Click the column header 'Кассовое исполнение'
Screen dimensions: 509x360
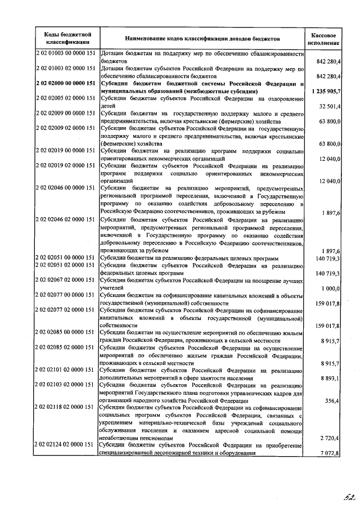pos(325,38)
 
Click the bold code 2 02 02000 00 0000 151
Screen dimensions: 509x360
pos(66,83)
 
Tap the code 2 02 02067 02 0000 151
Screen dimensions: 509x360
pos(66,280)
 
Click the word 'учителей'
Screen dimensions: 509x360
pos(112,288)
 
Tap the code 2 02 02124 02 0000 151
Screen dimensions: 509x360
pos(66,445)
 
